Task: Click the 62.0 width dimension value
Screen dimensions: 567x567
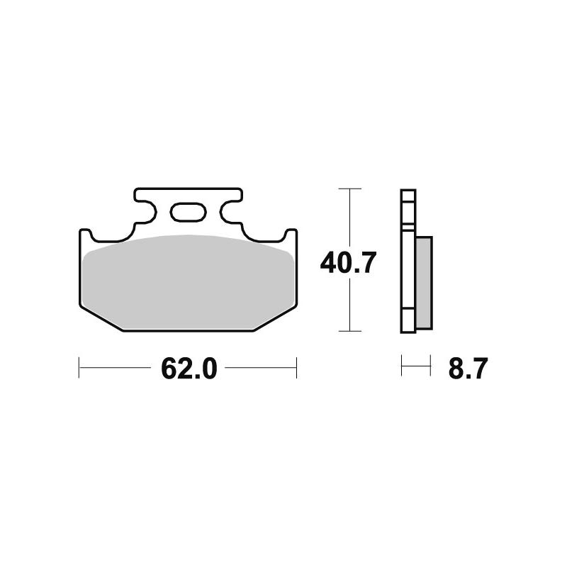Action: (x=188, y=369)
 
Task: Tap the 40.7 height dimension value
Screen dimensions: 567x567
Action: (x=347, y=263)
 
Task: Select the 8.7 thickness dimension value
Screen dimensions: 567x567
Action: (x=468, y=369)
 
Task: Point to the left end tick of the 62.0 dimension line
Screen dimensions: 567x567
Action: (x=79, y=368)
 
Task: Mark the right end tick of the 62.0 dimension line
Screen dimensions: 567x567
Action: (x=296, y=368)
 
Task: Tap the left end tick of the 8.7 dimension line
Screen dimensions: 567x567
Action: (x=402, y=368)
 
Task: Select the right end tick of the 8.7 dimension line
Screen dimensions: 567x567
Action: (x=430, y=368)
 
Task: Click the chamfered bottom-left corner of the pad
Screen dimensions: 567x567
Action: (x=99, y=318)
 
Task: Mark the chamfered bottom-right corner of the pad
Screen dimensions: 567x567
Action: (x=276, y=318)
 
